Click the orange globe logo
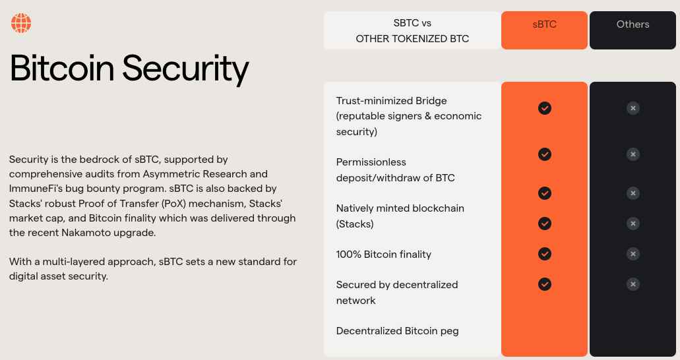(21, 23)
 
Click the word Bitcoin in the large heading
(62, 68)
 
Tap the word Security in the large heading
(185, 69)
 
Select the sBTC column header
(544, 24)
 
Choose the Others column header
(633, 24)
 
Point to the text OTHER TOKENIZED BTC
(412, 39)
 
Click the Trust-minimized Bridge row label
(391, 101)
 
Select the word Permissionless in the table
(371, 162)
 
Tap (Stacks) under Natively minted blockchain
(355, 224)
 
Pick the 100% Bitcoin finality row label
(384, 254)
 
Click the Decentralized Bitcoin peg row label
(397, 331)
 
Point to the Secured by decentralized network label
(397, 292)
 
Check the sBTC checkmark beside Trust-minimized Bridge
(545, 108)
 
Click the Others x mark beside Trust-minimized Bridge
(633, 108)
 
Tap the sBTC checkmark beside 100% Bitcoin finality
(545, 254)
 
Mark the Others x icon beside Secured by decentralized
(633, 284)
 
